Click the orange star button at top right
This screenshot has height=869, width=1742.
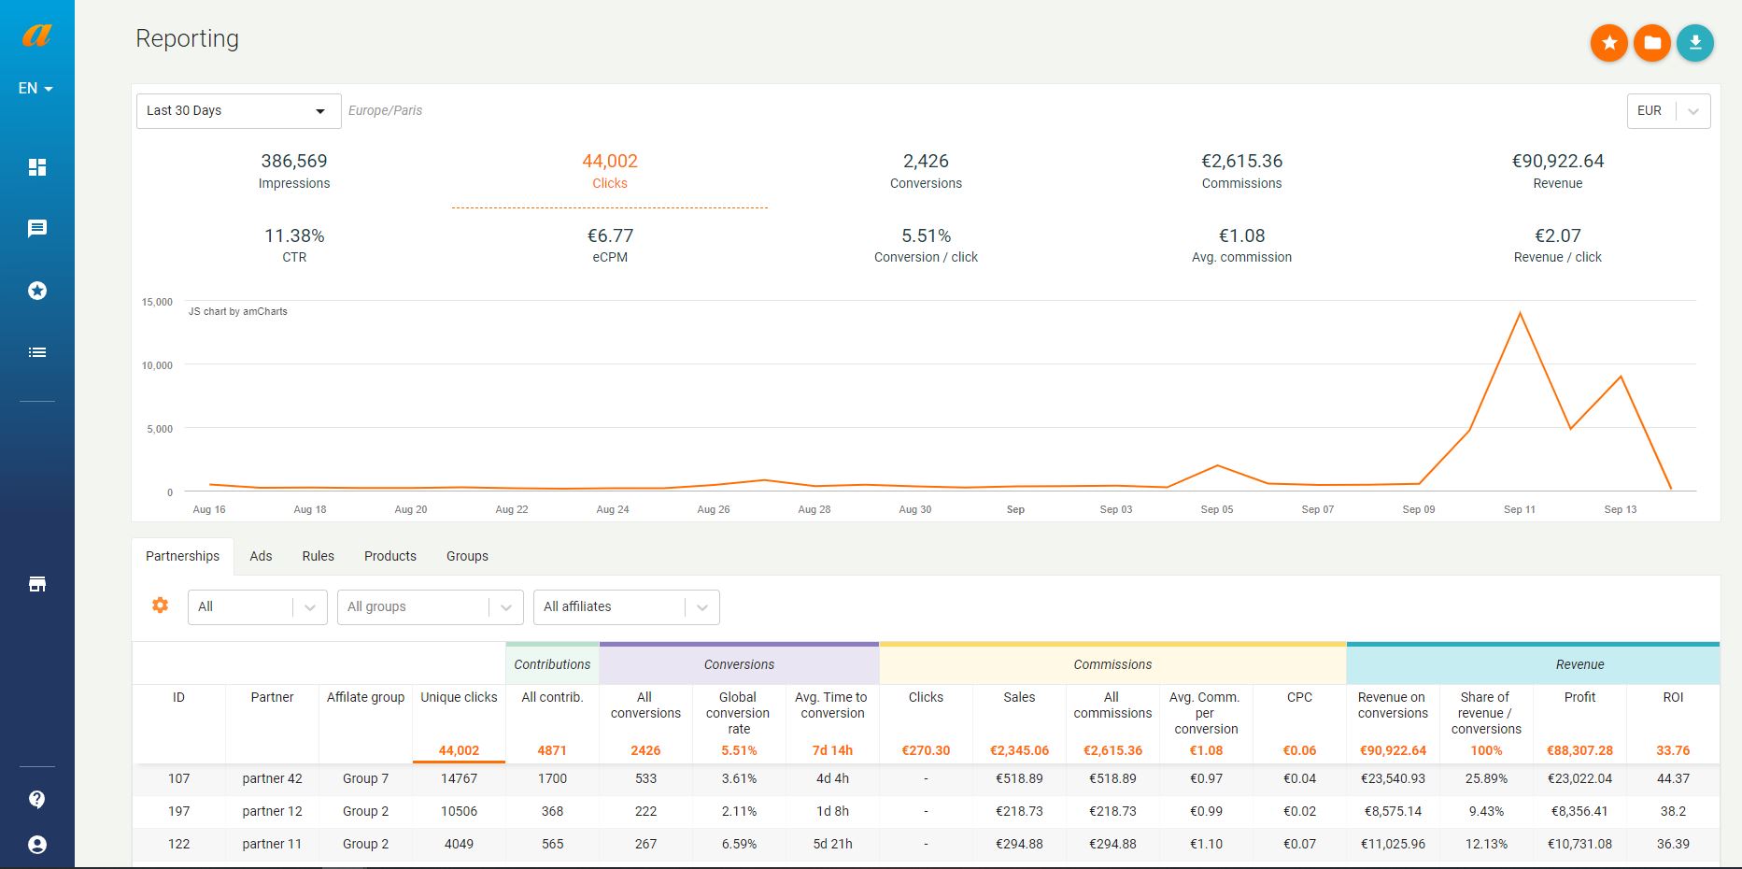click(1608, 43)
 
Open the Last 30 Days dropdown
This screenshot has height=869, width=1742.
click(238, 110)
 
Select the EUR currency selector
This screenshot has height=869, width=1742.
click(1668, 110)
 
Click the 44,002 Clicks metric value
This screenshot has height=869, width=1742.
click(610, 161)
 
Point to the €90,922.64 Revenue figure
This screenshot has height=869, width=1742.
click(1557, 161)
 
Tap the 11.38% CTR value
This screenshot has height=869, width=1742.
click(294, 235)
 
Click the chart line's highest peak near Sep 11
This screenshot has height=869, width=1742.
click(1520, 313)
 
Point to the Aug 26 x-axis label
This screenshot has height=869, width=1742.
click(713, 509)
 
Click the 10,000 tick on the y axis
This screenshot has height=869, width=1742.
click(157, 365)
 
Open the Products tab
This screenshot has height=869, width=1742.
click(390, 556)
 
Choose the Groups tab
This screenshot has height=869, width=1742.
click(467, 556)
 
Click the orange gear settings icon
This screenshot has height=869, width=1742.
click(161, 605)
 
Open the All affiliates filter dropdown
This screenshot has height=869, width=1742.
click(626, 606)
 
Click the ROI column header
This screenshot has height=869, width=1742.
click(1673, 697)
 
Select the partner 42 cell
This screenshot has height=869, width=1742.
click(272, 778)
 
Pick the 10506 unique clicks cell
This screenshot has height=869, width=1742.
click(459, 811)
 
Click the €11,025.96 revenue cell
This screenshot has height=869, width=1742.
click(1393, 844)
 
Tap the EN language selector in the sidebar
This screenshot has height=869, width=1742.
click(35, 89)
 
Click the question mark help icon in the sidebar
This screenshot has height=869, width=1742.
click(37, 799)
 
